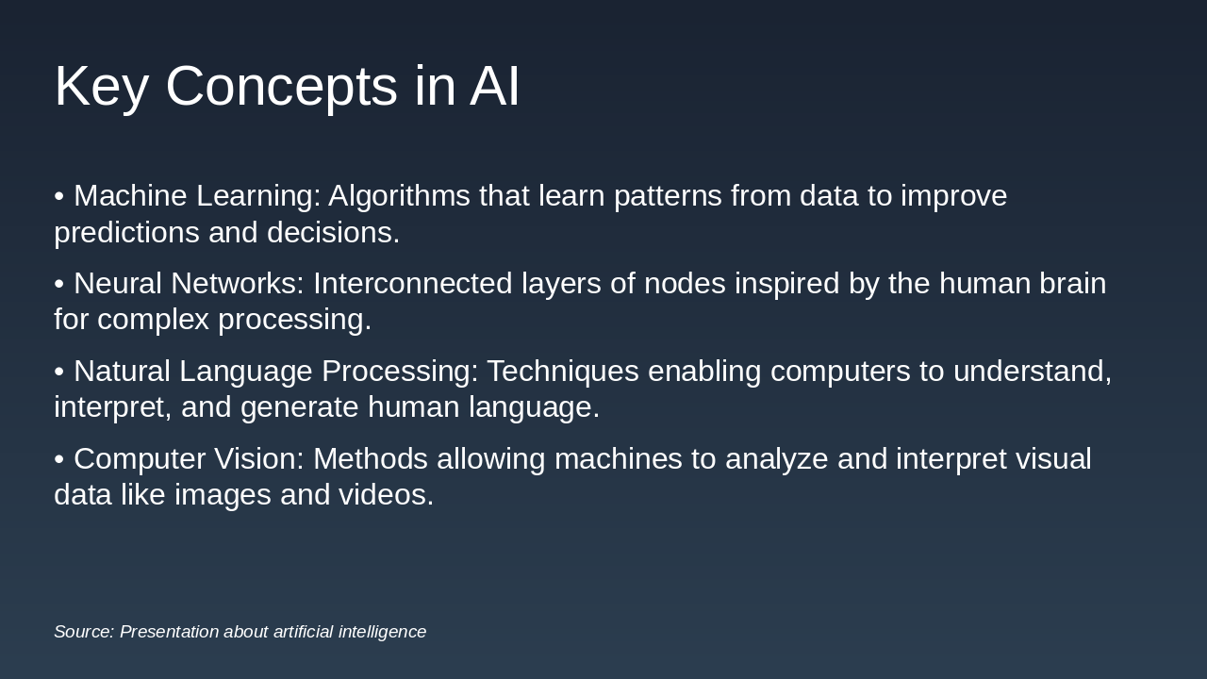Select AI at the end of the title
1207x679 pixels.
pos(494,85)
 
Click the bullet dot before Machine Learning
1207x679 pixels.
pos(58,196)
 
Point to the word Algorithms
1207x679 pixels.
pos(399,196)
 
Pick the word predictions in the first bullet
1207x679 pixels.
pos(127,233)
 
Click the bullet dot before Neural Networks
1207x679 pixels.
pos(58,284)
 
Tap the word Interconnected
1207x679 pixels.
pos(413,284)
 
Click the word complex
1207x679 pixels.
pos(153,320)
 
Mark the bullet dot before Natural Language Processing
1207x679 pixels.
pos(58,372)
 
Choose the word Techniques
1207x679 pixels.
pos(563,372)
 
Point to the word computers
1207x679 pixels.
pos(840,372)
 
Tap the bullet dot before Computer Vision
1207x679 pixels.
pos(58,459)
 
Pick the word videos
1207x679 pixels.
pos(386,495)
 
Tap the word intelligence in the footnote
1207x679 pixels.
pos(382,633)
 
